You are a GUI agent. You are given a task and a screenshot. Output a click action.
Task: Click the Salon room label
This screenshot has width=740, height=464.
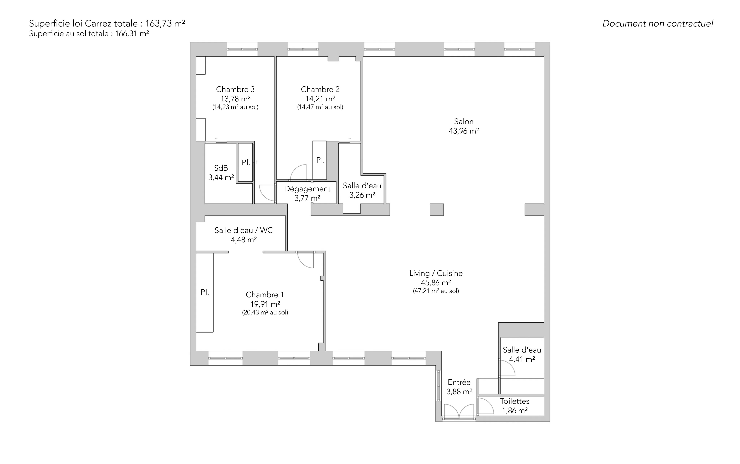(x=464, y=122)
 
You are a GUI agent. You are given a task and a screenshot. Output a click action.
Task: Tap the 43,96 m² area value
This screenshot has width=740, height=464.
(x=464, y=131)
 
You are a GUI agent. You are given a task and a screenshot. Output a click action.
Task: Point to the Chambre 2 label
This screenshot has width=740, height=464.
(x=320, y=89)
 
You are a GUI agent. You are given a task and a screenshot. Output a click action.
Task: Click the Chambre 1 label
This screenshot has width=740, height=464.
(x=265, y=295)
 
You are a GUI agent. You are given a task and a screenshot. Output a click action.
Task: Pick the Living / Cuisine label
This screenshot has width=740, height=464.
(x=436, y=273)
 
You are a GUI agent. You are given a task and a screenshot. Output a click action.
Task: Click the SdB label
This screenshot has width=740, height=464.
(x=221, y=168)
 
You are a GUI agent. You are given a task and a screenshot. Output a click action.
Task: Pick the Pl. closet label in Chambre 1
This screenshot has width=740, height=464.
(x=205, y=292)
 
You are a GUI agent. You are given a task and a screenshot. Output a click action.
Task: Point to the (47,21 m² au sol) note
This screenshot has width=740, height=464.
(x=436, y=291)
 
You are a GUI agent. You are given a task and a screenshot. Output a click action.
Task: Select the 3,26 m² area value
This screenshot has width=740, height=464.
(x=362, y=195)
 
